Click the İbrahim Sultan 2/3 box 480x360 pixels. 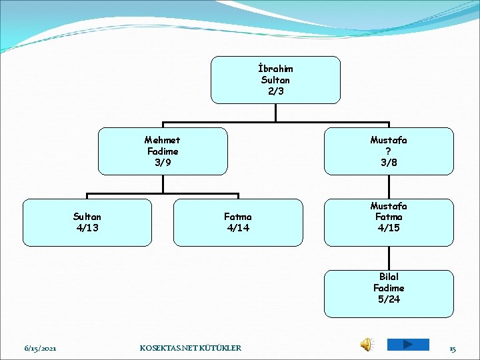click(275, 79)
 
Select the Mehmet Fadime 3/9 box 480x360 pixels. click(162, 151)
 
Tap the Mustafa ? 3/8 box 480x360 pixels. click(389, 151)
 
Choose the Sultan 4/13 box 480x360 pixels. click(87, 223)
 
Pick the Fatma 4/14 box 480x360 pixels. click(238, 223)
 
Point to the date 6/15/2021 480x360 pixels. click(40, 348)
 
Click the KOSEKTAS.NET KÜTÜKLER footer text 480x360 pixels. click(191, 348)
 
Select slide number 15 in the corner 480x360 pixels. click(452, 348)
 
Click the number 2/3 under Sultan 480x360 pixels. click(275, 91)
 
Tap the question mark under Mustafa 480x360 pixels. click(389, 151)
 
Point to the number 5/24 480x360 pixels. click(389, 299)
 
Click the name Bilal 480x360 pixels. click(389, 277)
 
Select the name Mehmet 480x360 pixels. click(162, 140)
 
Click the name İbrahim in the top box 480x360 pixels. click(275, 69)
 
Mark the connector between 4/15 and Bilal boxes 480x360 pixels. click(389, 258)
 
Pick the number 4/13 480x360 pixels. click(87, 228)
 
